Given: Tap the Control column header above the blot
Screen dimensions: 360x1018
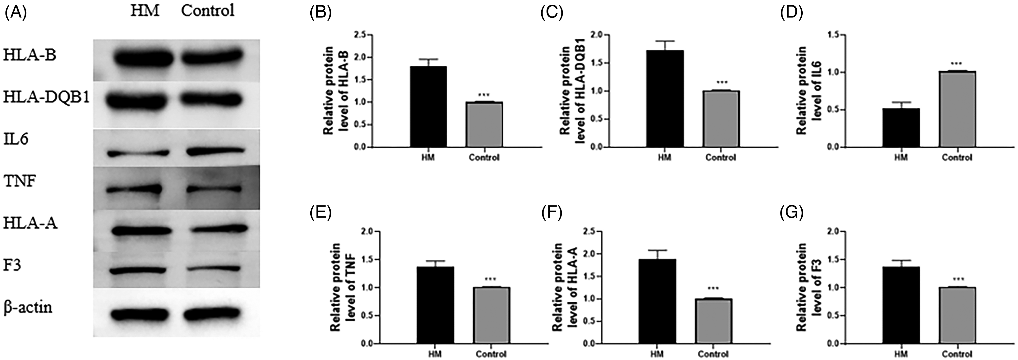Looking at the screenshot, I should [x=208, y=11].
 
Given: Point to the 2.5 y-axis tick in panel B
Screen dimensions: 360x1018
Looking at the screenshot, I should [x=360, y=36].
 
